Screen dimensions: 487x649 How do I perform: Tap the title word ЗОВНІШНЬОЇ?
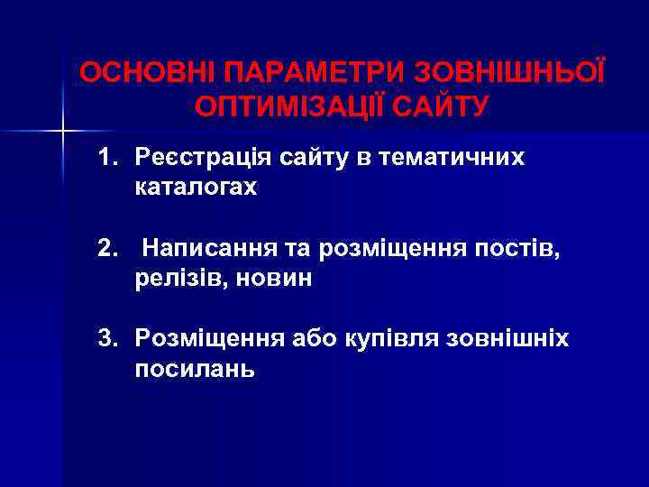coord(509,72)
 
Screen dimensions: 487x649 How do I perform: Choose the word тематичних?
coord(452,159)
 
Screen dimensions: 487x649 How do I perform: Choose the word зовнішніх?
coord(510,339)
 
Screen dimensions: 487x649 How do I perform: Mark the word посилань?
coord(195,369)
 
